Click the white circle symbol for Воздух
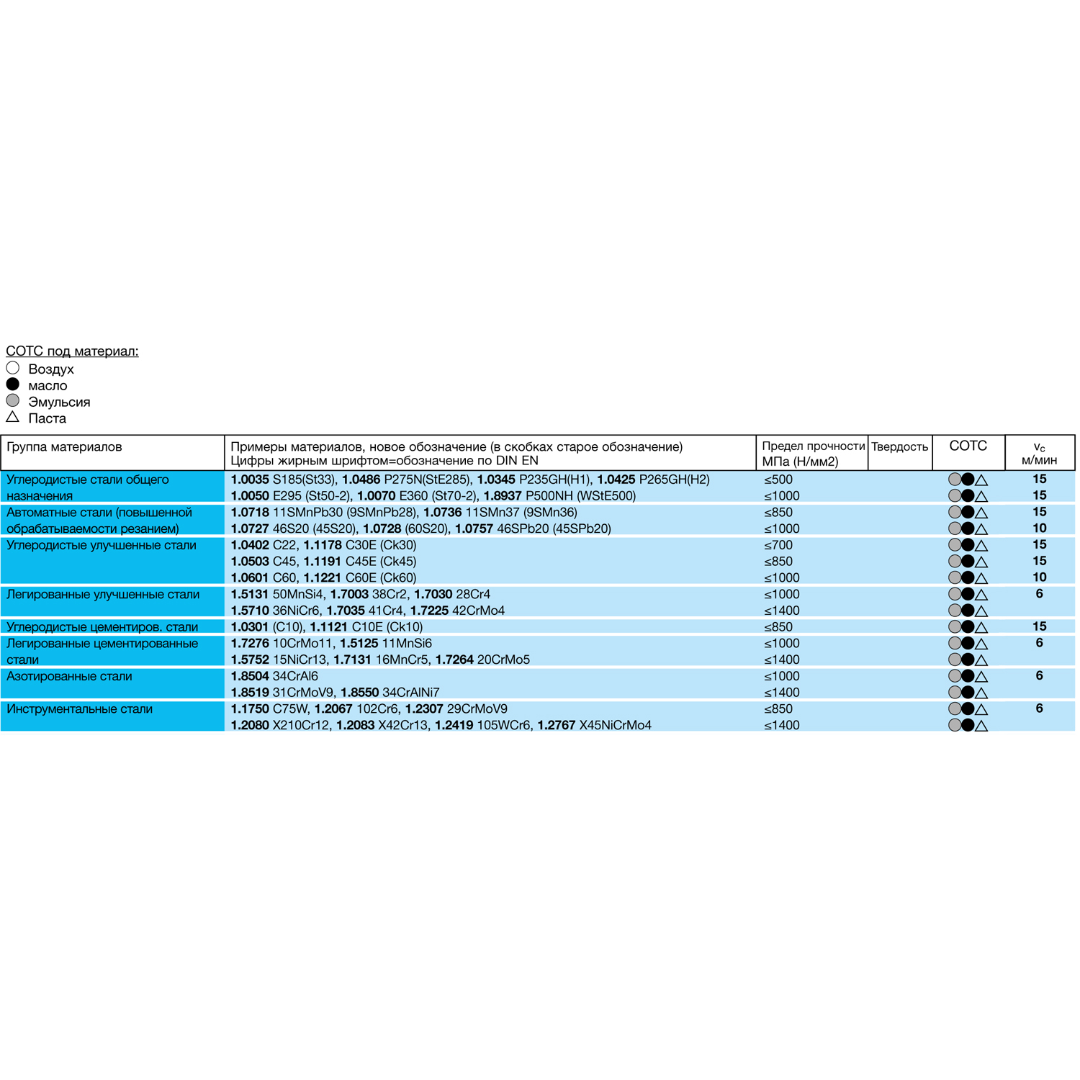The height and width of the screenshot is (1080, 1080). [12, 368]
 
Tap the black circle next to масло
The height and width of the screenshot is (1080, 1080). [12, 384]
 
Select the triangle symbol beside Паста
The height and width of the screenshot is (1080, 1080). [12, 417]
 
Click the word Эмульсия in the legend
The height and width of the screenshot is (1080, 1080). [59, 402]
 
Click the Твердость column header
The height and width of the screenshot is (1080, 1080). [899, 446]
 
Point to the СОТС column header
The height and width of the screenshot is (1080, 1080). [968, 446]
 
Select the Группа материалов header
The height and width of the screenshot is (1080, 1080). [64, 446]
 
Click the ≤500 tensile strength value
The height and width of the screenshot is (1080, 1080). [778, 480]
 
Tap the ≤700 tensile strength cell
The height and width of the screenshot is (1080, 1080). [778, 545]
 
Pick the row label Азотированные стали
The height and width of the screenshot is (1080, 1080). [69, 676]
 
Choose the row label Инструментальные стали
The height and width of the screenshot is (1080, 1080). [79, 709]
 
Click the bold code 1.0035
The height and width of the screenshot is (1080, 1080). [249, 480]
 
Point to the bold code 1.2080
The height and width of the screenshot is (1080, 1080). [249, 725]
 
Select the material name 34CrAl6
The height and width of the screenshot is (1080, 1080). [295, 676]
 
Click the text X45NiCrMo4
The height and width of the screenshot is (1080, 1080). [616, 725]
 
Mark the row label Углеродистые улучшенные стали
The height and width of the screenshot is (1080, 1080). [101, 545]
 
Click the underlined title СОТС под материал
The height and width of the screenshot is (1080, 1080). [72, 351]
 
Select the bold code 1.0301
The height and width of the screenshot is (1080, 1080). [249, 627]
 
